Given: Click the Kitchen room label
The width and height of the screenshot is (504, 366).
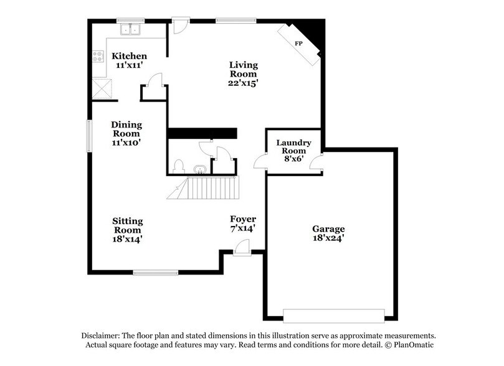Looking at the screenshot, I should pos(130,56).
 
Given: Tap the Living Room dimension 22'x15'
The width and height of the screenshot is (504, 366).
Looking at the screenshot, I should pos(243,82).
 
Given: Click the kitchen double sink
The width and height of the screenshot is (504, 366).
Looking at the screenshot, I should pos(131,29).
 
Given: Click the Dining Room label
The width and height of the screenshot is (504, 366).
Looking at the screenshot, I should pos(126,129).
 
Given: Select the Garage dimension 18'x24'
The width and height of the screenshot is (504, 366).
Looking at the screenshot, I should pos(328,237).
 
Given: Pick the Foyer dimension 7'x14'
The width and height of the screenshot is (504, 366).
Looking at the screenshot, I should pos(243,228).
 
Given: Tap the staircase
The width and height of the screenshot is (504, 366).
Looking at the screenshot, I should pos(206,187).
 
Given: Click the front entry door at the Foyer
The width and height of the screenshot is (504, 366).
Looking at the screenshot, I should pos(242,250).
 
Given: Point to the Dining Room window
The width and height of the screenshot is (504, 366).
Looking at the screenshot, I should pos(88,134).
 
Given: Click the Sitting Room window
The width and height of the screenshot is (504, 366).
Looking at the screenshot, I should pos(156,272).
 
